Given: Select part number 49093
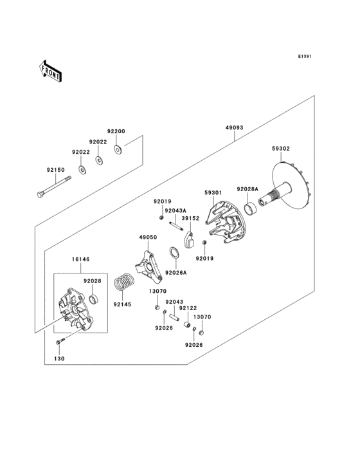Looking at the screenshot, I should tap(234, 128).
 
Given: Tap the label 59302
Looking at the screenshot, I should tap(280, 149).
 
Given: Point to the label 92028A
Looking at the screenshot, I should tap(247, 189).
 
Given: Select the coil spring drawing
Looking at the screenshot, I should tap(123, 283).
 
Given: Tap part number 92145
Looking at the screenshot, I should tap(122, 304).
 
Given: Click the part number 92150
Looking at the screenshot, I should tap(55, 171).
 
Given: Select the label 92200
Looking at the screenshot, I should tap(116, 131).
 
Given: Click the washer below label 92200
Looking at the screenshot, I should tap(118, 149).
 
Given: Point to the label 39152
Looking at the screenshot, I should tap(189, 219).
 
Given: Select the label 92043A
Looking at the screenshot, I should tap(175, 210).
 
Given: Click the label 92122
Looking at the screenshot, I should tap(188, 308).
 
